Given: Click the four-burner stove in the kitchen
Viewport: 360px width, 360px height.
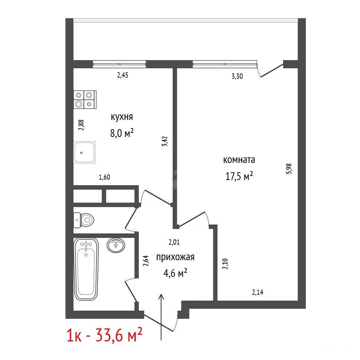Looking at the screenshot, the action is (x=85, y=99).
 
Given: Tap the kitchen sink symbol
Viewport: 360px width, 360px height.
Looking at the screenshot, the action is (x=85, y=153).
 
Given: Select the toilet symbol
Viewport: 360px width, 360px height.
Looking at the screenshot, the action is (x=84, y=220).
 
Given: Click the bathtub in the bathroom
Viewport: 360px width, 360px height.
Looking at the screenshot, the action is (x=86, y=269).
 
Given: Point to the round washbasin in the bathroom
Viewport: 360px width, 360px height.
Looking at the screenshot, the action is (x=116, y=245).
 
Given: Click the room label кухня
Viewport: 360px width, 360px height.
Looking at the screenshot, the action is (x=122, y=117).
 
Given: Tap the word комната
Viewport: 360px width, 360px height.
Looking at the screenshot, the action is (x=239, y=160).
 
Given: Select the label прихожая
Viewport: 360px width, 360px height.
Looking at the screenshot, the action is (x=175, y=257).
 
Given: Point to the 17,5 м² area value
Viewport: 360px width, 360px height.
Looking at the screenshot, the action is (x=239, y=176).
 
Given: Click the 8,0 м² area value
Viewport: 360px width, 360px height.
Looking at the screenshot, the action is (x=122, y=133).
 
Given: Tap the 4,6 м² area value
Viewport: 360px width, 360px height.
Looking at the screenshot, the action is (x=175, y=273).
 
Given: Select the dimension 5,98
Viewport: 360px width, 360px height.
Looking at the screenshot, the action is (x=289, y=169).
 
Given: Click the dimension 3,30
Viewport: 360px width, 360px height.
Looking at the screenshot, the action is (x=237, y=76).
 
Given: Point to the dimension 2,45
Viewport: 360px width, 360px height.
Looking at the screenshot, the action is (x=122, y=75).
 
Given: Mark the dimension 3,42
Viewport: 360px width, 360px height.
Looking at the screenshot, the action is (x=165, y=141).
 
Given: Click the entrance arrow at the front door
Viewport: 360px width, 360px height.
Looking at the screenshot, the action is (x=161, y=317).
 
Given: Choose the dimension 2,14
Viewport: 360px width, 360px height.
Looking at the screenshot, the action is (x=258, y=292).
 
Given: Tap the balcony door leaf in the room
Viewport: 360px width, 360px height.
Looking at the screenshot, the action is (x=272, y=71).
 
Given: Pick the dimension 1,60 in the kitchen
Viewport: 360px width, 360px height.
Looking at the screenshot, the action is (x=104, y=177).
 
